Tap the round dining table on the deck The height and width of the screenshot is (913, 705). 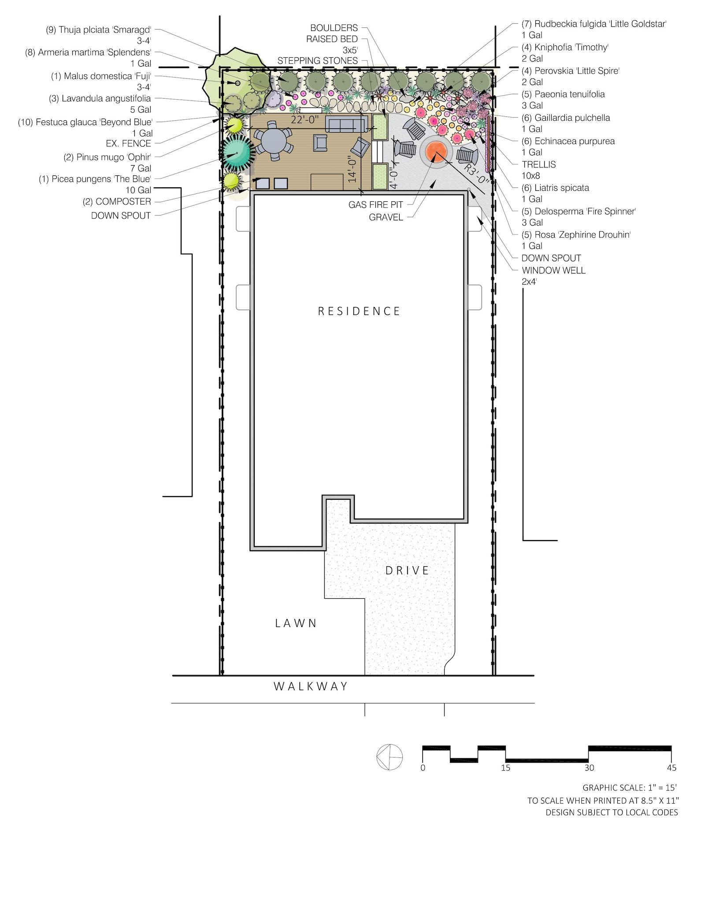(x=273, y=142)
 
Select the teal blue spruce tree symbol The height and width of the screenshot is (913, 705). (x=237, y=153)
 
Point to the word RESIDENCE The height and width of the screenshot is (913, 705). (x=359, y=311)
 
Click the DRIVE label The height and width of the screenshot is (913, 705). (x=407, y=570)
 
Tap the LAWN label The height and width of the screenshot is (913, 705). (x=296, y=623)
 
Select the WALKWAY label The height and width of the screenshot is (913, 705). (x=311, y=686)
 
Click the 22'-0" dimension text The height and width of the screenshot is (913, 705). (x=304, y=119)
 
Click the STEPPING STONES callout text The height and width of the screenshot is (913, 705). (x=317, y=61)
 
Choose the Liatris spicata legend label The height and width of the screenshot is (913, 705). (x=555, y=188)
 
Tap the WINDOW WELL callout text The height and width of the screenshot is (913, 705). (x=553, y=270)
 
